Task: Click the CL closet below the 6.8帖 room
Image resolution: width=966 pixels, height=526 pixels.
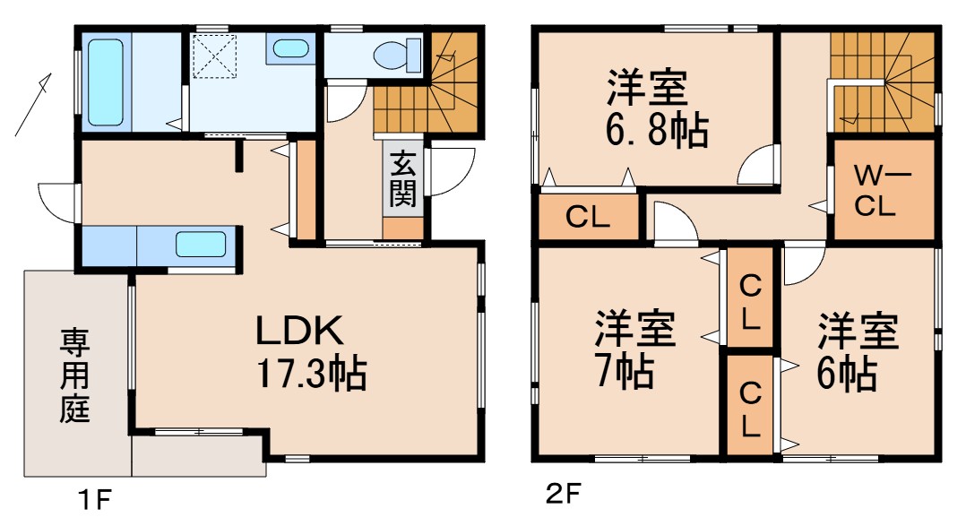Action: point(589,218)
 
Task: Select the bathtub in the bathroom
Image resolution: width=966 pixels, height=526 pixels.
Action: point(106,81)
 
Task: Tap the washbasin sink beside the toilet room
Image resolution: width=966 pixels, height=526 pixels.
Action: point(290,48)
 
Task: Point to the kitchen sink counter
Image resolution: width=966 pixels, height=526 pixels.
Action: point(200,244)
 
